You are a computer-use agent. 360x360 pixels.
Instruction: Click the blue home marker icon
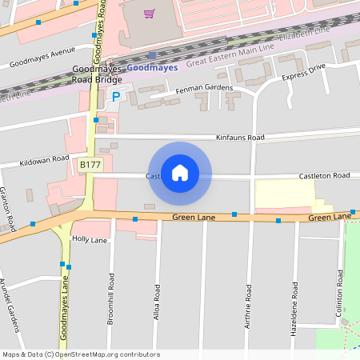(180, 173)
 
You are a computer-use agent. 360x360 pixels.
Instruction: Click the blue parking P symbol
(116, 97)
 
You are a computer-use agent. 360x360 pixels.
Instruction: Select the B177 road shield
(89, 164)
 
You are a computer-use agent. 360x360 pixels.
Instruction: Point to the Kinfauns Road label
(240, 138)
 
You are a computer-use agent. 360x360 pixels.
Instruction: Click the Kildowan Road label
(45, 160)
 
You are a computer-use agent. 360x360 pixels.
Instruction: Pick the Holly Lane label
(90, 239)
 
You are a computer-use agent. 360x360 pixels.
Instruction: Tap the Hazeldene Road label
(295, 307)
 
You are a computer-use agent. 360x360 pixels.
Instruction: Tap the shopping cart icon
(149, 13)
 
